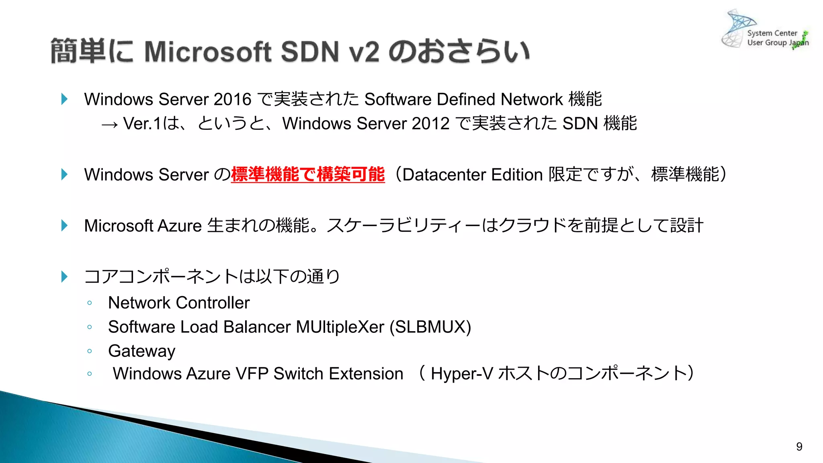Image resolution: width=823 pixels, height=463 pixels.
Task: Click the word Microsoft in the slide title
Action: [207, 52]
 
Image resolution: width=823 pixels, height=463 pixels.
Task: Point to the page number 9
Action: [799, 447]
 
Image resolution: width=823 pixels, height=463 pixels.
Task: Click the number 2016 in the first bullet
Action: [232, 99]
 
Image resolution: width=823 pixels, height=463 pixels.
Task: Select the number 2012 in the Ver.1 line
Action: [430, 123]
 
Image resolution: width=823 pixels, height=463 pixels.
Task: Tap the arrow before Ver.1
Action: [110, 125]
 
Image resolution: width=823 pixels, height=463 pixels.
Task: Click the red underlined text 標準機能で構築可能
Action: [308, 174]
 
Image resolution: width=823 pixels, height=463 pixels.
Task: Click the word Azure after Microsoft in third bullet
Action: [179, 226]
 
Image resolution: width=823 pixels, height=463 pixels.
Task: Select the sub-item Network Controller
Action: [179, 303]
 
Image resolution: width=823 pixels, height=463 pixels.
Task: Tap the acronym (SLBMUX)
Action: [430, 327]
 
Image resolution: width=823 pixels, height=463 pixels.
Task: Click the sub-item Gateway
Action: [141, 351]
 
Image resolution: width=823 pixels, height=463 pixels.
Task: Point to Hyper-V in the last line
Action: [462, 374]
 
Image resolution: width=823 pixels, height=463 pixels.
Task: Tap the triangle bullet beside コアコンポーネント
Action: [64, 277]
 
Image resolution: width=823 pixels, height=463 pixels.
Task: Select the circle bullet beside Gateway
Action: [90, 351]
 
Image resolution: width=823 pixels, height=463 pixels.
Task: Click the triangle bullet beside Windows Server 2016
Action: [64, 99]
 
